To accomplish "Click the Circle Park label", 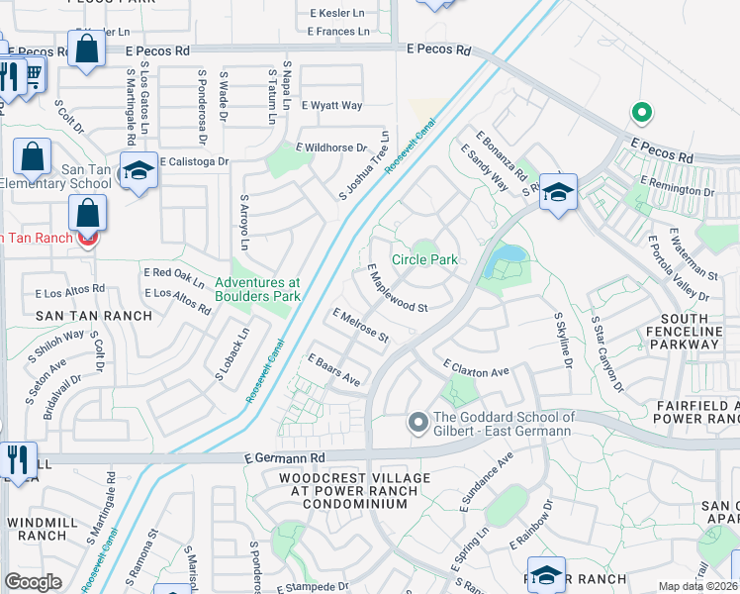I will (x=424, y=259).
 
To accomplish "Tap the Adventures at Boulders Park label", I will (x=257, y=288).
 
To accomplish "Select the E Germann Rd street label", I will (x=285, y=458).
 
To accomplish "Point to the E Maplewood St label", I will (x=397, y=289).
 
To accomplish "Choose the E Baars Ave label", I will (x=333, y=369).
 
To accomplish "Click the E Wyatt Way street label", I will (x=332, y=105).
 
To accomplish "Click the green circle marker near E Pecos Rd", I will (x=641, y=113).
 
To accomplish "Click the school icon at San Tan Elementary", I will (x=139, y=170).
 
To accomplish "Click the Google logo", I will (x=33, y=582).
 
